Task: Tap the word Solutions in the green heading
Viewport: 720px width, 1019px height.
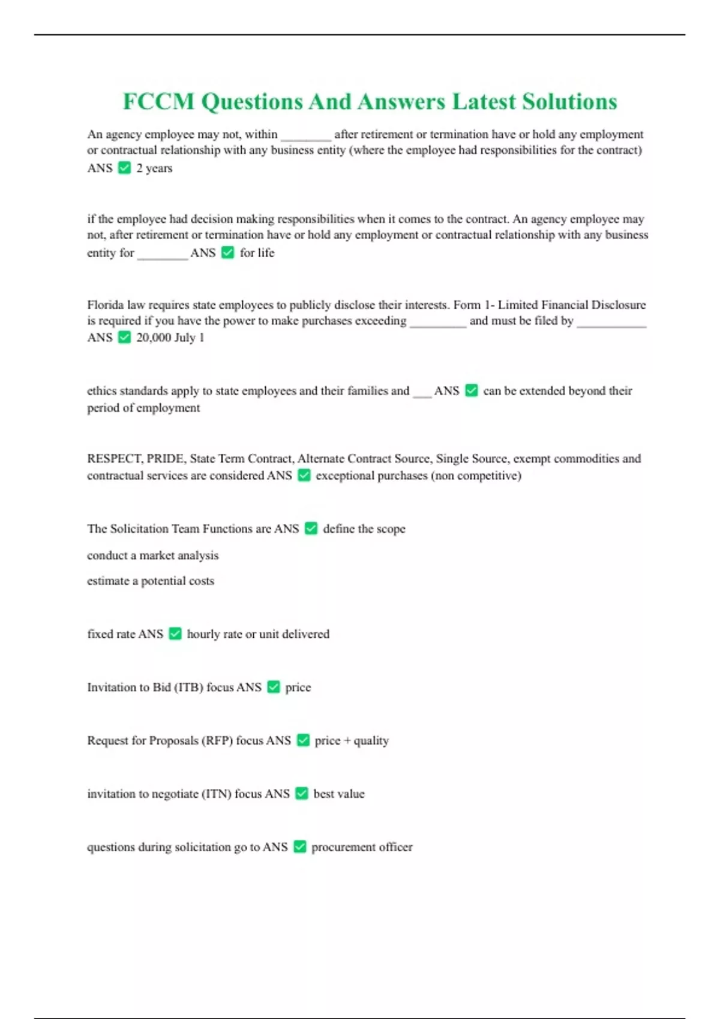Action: pyautogui.click(x=569, y=102)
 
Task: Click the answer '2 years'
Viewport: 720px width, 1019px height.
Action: pyautogui.click(x=154, y=168)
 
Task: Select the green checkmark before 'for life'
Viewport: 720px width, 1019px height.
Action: pyautogui.click(x=227, y=252)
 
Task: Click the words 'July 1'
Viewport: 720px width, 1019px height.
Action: pyautogui.click(x=190, y=337)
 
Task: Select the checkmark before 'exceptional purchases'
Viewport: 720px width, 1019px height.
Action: pyautogui.click(x=304, y=475)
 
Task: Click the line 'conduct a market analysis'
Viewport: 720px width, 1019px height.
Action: pyautogui.click(x=152, y=556)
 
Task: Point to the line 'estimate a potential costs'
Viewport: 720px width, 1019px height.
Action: pyautogui.click(x=150, y=581)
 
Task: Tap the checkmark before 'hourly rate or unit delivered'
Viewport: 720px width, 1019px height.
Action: pyautogui.click(x=175, y=634)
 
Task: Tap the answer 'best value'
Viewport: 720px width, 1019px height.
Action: pyautogui.click(x=339, y=794)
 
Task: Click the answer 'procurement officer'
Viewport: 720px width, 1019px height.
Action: pyautogui.click(x=362, y=847)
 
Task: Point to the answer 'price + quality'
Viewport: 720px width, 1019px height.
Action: pyautogui.click(x=352, y=741)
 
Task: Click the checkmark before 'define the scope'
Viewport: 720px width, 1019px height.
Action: pyautogui.click(x=311, y=528)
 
